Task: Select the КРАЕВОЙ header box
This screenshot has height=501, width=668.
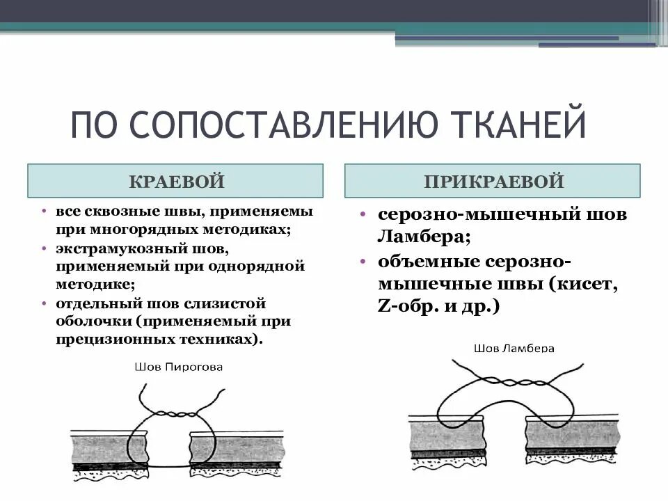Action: (x=175, y=182)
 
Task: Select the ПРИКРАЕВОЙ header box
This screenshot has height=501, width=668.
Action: (x=493, y=182)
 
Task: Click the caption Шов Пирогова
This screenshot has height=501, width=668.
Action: (x=179, y=366)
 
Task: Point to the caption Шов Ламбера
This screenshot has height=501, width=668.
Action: (x=514, y=347)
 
